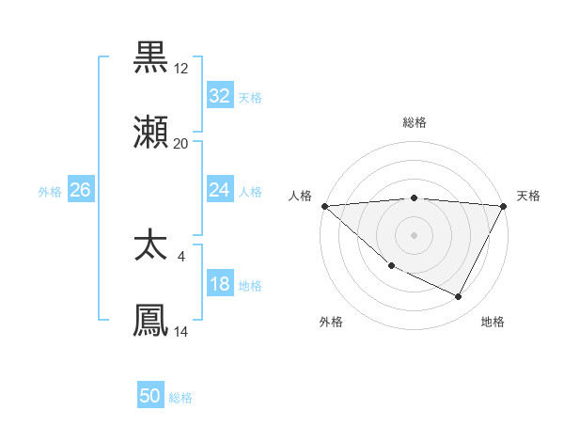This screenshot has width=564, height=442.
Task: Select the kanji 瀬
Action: [x=151, y=133]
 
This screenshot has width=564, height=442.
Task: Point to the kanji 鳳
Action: [x=151, y=320]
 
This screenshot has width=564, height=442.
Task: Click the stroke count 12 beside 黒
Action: [x=181, y=68]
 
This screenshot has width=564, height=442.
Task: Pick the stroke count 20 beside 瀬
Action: [x=181, y=144]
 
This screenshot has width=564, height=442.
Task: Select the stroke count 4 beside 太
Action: [x=181, y=256]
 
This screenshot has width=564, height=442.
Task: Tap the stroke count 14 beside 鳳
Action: [x=181, y=332]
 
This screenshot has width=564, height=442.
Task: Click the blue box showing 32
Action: [x=220, y=96]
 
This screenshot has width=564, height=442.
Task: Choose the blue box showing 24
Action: [x=220, y=190]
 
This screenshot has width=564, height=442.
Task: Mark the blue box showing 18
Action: [x=220, y=284]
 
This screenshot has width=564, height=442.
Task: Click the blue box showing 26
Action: [x=80, y=190]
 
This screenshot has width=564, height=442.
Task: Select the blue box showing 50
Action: [x=150, y=396]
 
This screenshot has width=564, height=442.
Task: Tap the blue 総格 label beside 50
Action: [x=180, y=398]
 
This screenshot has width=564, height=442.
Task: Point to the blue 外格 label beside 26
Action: [x=50, y=191]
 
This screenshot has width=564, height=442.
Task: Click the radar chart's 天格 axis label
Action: [x=528, y=196]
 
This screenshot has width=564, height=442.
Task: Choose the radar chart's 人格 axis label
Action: [x=300, y=196]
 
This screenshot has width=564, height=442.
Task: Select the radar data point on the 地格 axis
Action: [x=459, y=297]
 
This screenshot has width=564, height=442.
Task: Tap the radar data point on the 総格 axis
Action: [x=414, y=197]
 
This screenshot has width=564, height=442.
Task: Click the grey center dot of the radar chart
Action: [x=414, y=235]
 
